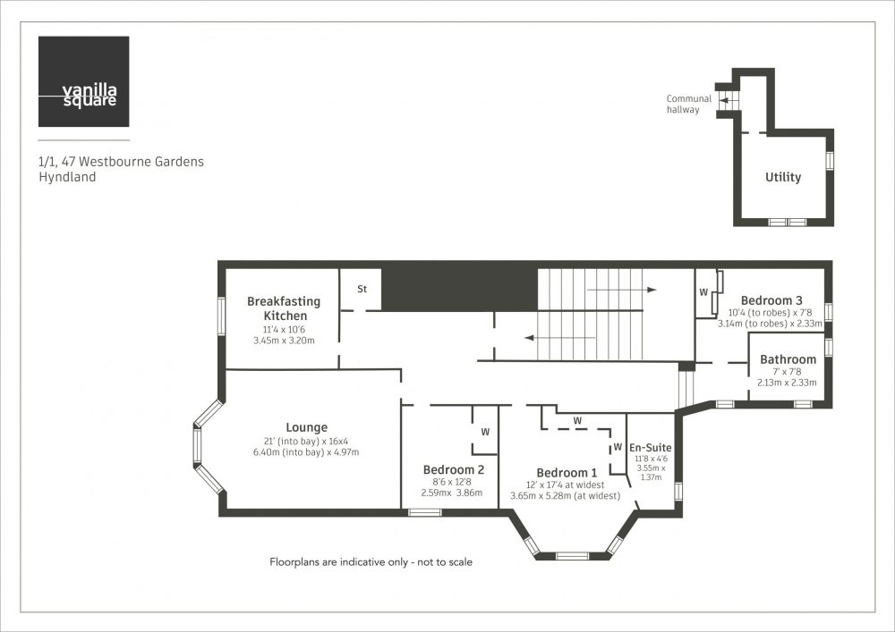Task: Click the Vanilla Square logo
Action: pyautogui.click(x=83, y=81)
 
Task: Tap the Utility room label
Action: pyautogui.click(x=782, y=177)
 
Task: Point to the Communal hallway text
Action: pyautogui.click(x=689, y=104)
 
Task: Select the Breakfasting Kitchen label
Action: pyautogui.click(x=284, y=308)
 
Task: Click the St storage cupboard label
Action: pyautogui.click(x=362, y=289)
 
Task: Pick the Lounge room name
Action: pyautogui.click(x=306, y=427)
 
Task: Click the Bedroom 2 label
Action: pyautogui.click(x=454, y=469)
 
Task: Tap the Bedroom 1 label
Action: pyautogui.click(x=567, y=472)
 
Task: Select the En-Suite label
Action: pyautogui.click(x=650, y=448)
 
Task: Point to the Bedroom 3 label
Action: pyautogui.click(x=771, y=300)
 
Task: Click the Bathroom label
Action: pyautogui.click(x=788, y=359)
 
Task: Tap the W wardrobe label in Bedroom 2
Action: pyautogui.click(x=485, y=432)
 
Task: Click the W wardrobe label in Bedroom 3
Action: pyautogui.click(x=703, y=292)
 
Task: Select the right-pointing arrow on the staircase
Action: pyautogui.click(x=622, y=290)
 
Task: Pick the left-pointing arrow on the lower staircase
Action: pyautogui.click(x=560, y=338)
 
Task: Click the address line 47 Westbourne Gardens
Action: pyautogui.click(x=121, y=161)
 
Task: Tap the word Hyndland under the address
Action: pyautogui.click(x=67, y=177)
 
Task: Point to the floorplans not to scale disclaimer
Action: pyautogui.click(x=371, y=562)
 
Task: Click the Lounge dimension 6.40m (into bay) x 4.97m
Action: pyautogui.click(x=306, y=452)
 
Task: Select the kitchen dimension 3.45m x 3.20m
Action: pyautogui.click(x=284, y=341)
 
